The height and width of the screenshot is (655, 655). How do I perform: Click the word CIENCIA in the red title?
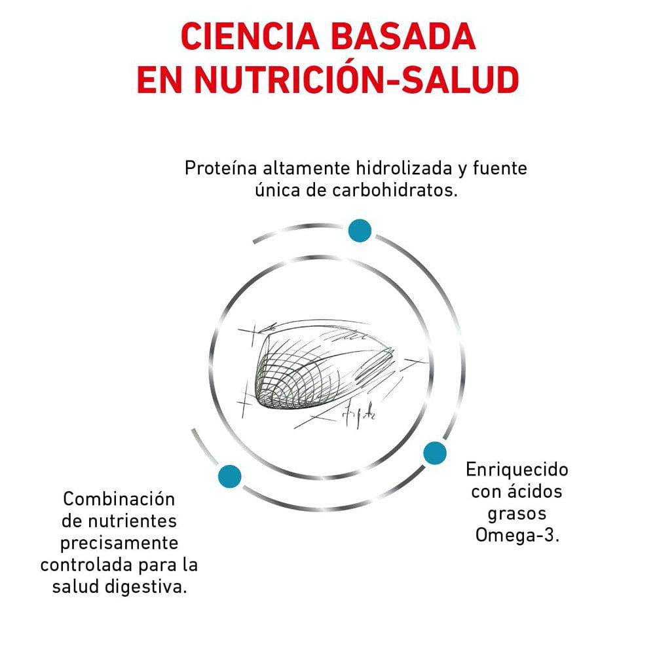pyautogui.click(x=250, y=37)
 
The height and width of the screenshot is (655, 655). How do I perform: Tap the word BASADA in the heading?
pyautogui.click(x=403, y=37)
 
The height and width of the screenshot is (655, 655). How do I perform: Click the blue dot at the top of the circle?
pyautogui.click(x=360, y=230)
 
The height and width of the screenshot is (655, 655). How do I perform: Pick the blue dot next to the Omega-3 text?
pyautogui.click(x=435, y=453)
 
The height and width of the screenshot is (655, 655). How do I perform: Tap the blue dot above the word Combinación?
pyautogui.click(x=230, y=476)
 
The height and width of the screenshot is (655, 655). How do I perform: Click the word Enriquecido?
pyautogui.click(x=517, y=470)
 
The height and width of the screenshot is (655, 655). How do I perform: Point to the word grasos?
pyautogui.click(x=517, y=514)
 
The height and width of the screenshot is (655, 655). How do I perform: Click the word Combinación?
pyautogui.click(x=119, y=498)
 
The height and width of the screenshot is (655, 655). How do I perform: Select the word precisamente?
pyautogui.click(x=119, y=543)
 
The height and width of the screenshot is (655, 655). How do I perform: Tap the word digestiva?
pyautogui.click(x=145, y=587)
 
